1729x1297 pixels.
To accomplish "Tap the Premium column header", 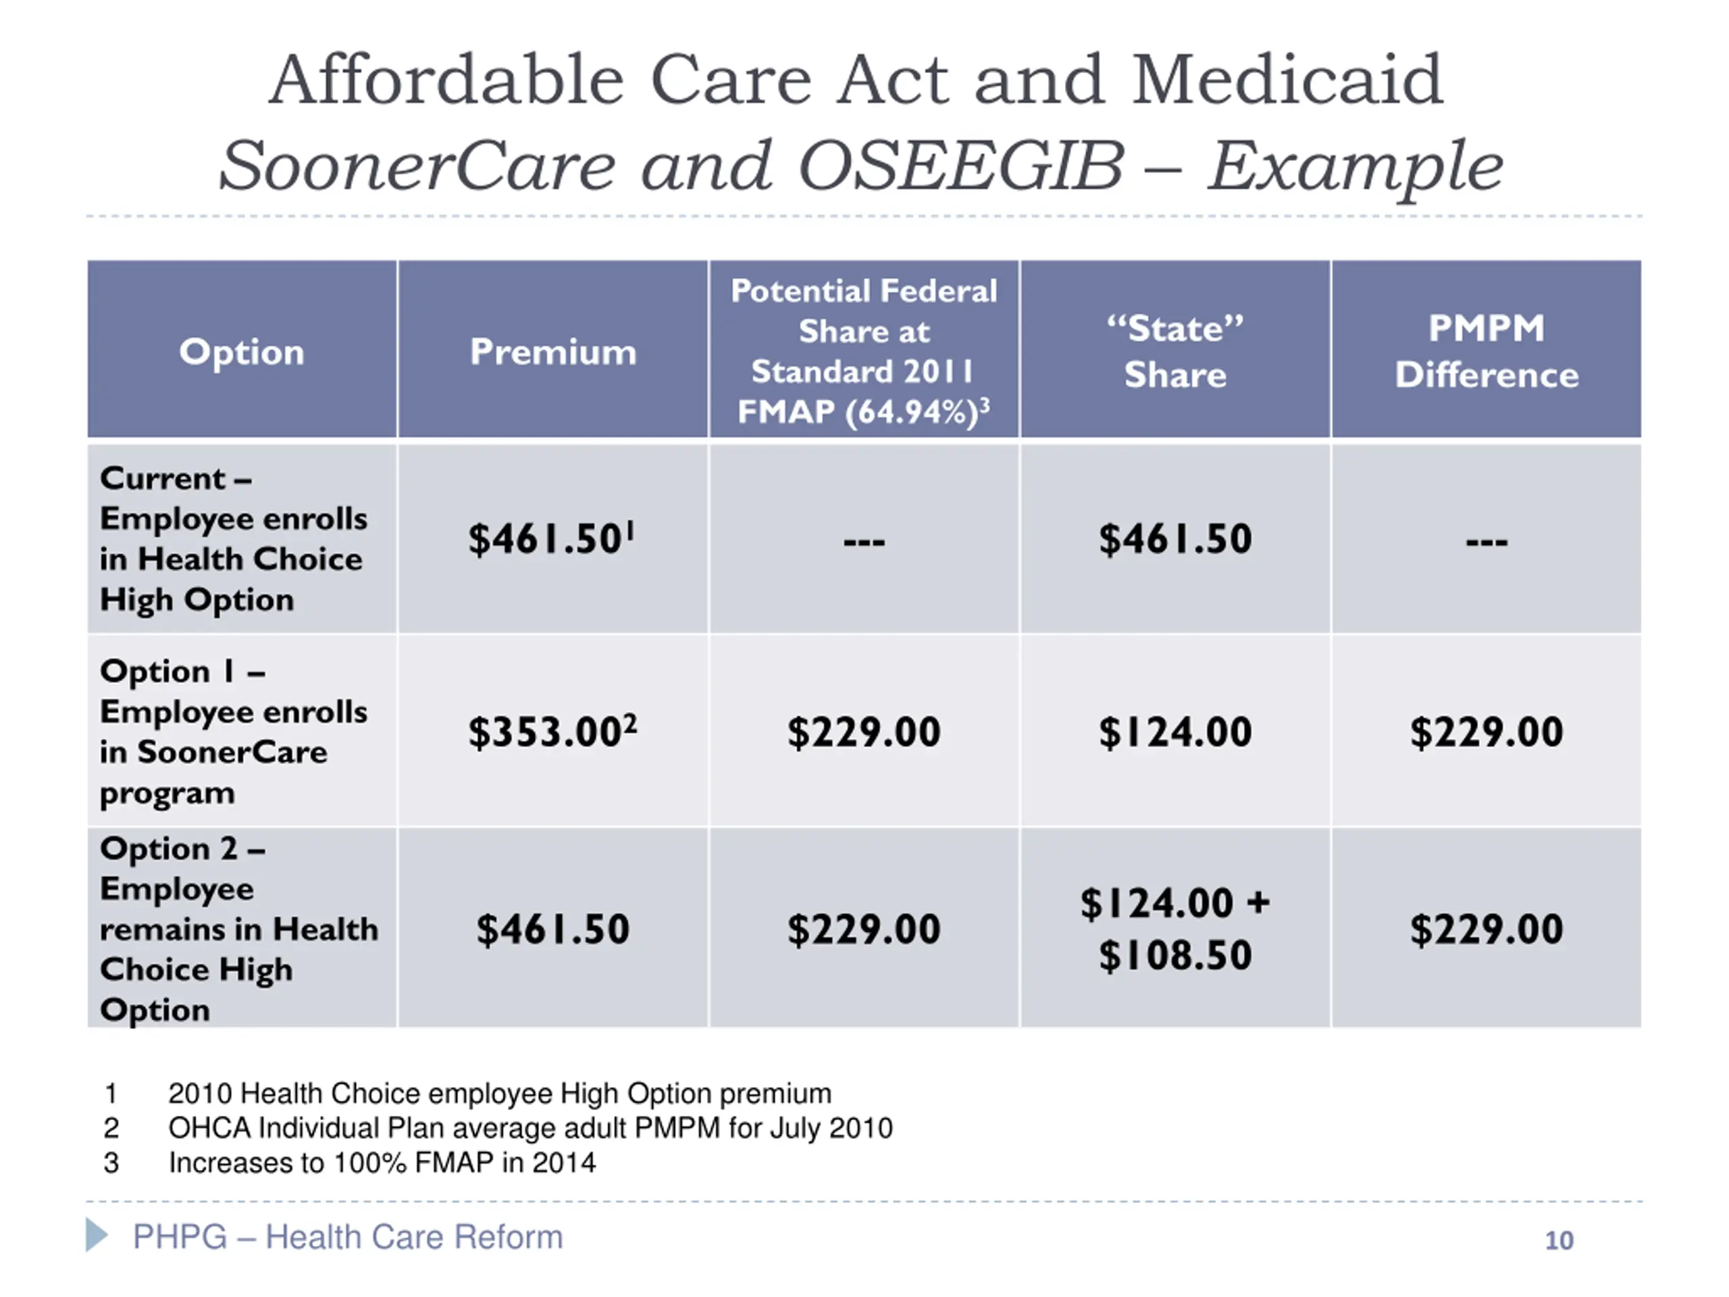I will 552,352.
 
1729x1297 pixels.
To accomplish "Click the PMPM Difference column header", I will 1486,351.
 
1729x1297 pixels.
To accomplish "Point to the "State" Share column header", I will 1175,351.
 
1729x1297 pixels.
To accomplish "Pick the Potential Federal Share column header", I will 864,351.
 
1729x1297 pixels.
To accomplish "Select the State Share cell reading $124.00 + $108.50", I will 1175,929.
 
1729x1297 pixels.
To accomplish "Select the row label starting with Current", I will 233,538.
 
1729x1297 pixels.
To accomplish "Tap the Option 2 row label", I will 238,929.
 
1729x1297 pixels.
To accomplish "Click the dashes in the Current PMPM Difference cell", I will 1486,541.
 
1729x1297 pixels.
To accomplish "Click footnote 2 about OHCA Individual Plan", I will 530,1128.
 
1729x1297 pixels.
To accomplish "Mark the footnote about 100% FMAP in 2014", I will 382,1163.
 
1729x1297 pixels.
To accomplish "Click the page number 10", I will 1559,1240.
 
